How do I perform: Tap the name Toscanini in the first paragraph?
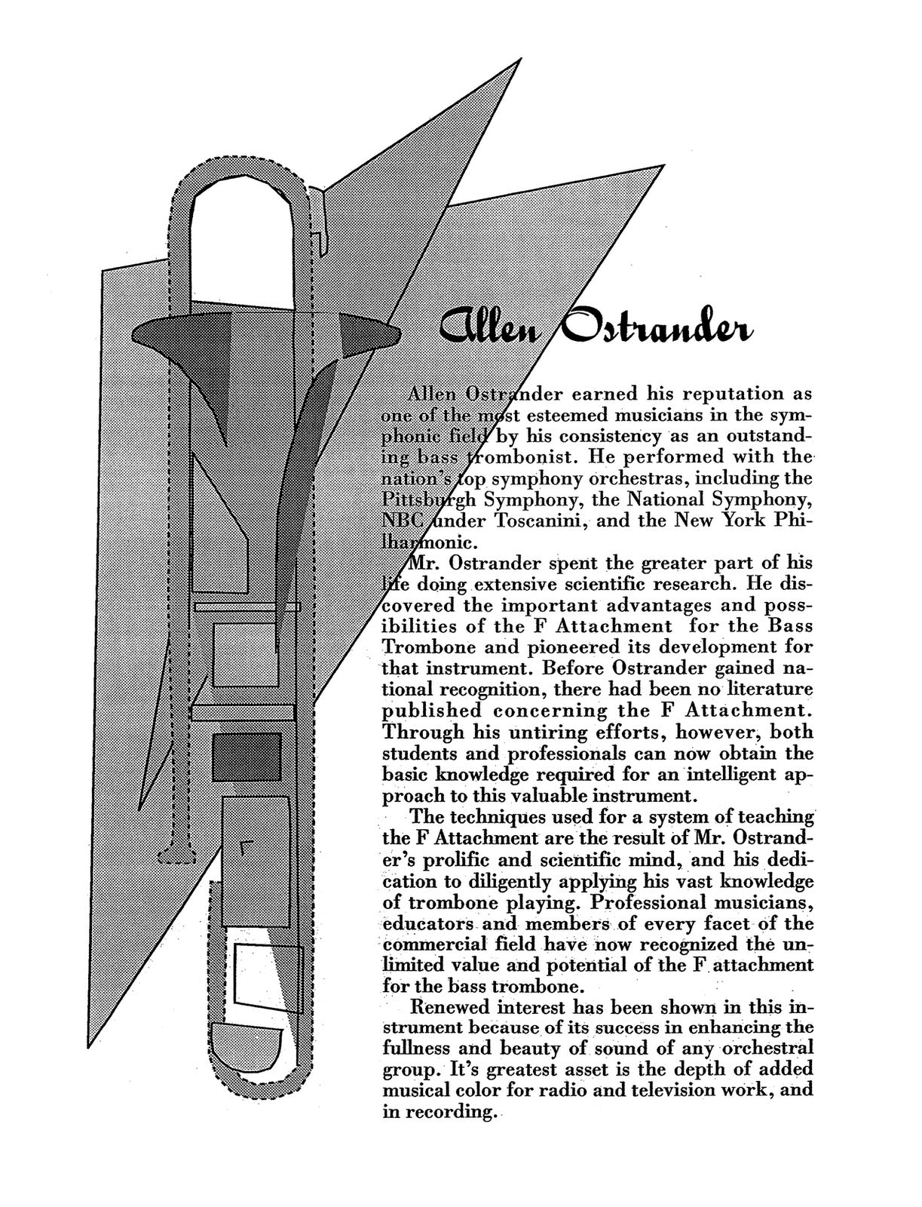[x=537, y=521]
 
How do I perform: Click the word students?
[x=419, y=754]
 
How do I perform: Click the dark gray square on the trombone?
[x=247, y=756]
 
